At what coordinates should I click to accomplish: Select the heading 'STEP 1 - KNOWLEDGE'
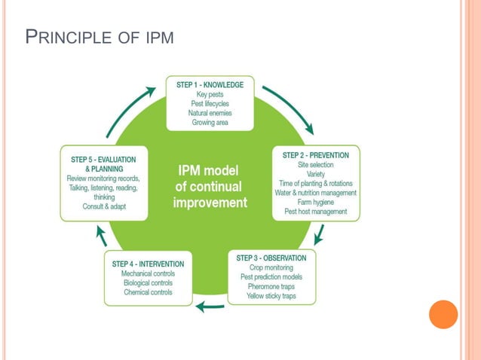[210, 85]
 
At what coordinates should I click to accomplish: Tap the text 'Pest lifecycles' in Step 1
[210, 104]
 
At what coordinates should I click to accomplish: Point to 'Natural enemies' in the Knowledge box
[210, 113]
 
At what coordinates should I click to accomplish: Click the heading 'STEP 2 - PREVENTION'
[316, 155]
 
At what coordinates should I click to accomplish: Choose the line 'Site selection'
[316, 165]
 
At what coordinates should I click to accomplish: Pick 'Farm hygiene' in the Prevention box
[316, 202]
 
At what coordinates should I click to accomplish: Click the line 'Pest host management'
[316, 212]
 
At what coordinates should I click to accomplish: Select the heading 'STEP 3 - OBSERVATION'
[271, 258]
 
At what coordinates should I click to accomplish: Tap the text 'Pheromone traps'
[271, 287]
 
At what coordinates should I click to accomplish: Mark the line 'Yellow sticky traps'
[271, 296]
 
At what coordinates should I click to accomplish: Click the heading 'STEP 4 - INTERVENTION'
[148, 264]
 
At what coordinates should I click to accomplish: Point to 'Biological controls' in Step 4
[148, 283]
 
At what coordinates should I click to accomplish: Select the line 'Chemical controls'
[148, 292]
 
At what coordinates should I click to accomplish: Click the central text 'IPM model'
[209, 170]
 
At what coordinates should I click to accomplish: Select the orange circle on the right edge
[443, 314]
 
